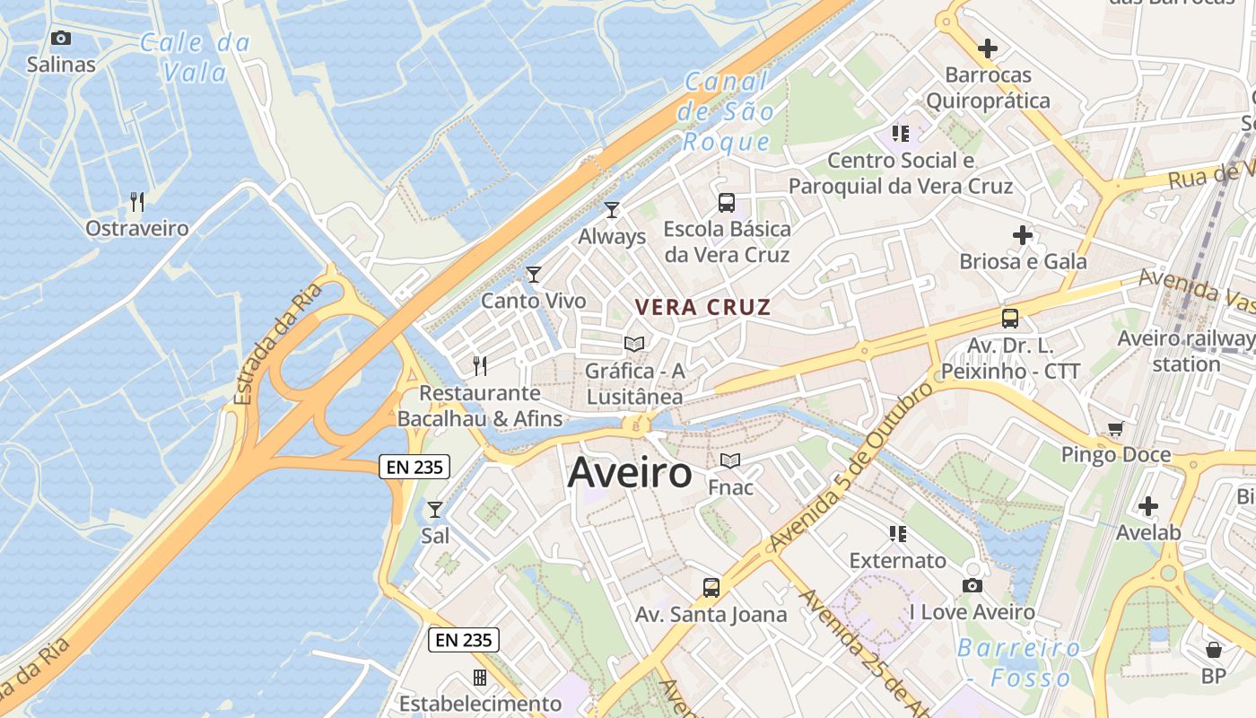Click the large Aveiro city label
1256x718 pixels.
[630, 473]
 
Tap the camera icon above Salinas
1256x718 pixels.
[61, 38]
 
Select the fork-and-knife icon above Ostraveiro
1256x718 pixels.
[137, 201]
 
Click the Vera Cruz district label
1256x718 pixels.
[702, 307]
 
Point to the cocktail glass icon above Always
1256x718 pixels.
[612, 210]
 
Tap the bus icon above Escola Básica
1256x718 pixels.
[727, 203]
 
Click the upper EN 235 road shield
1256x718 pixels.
[414, 466]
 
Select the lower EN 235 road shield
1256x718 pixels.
[464, 639]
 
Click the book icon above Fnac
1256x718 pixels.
[730, 461]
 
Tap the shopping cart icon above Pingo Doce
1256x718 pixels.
[1115, 429]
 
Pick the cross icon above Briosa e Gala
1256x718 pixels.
[1023, 236]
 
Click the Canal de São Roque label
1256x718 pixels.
[727, 112]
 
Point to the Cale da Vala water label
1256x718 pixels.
[196, 57]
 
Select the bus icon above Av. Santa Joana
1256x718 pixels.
[711, 588]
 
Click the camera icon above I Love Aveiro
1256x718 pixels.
[972, 586]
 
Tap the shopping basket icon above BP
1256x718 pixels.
[1214, 649]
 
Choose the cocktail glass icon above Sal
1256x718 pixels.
[435, 510]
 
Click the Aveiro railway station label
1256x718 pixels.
[1186, 351]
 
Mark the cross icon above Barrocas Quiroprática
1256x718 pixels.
[988, 48]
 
